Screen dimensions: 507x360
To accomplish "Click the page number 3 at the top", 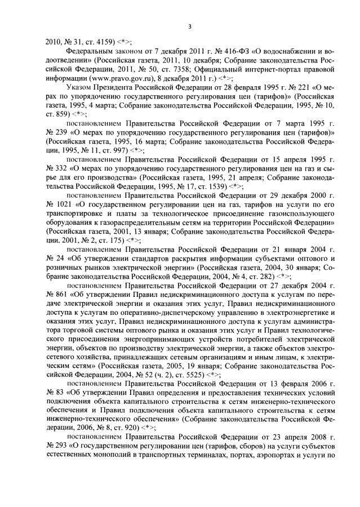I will pos(190,26).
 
